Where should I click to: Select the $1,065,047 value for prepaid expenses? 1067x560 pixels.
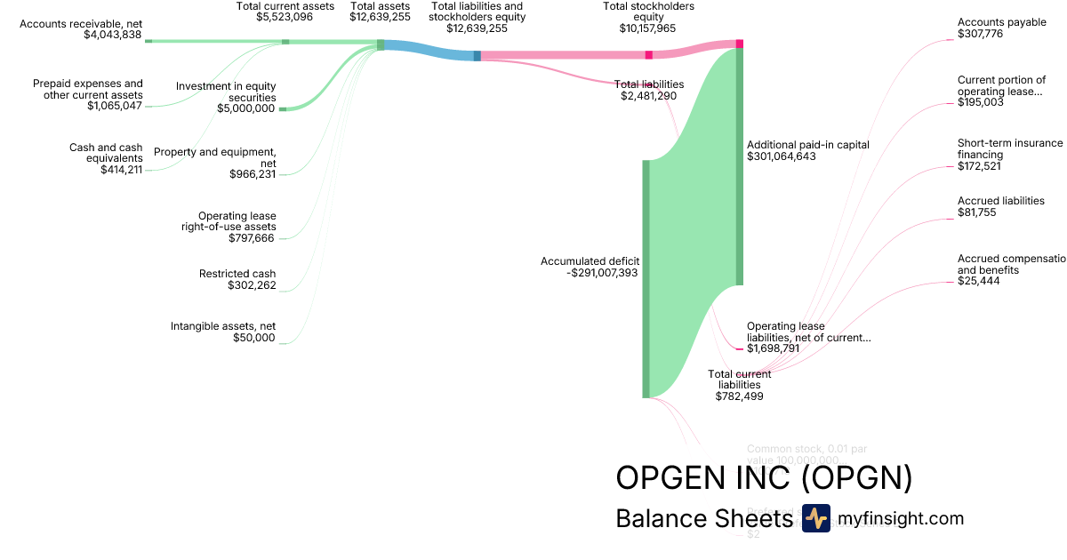click(x=115, y=106)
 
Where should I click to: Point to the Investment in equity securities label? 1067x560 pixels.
click(x=226, y=92)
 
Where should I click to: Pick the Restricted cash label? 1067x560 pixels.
click(x=237, y=274)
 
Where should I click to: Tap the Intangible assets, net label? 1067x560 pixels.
click(x=223, y=326)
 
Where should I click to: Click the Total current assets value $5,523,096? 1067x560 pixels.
click(x=285, y=17)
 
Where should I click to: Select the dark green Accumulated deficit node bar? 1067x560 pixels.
click(x=646, y=278)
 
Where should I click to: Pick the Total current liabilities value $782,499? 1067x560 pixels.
click(x=739, y=396)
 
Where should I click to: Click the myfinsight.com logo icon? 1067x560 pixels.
click(x=815, y=518)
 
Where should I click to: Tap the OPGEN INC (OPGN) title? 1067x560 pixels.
click(x=764, y=477)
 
